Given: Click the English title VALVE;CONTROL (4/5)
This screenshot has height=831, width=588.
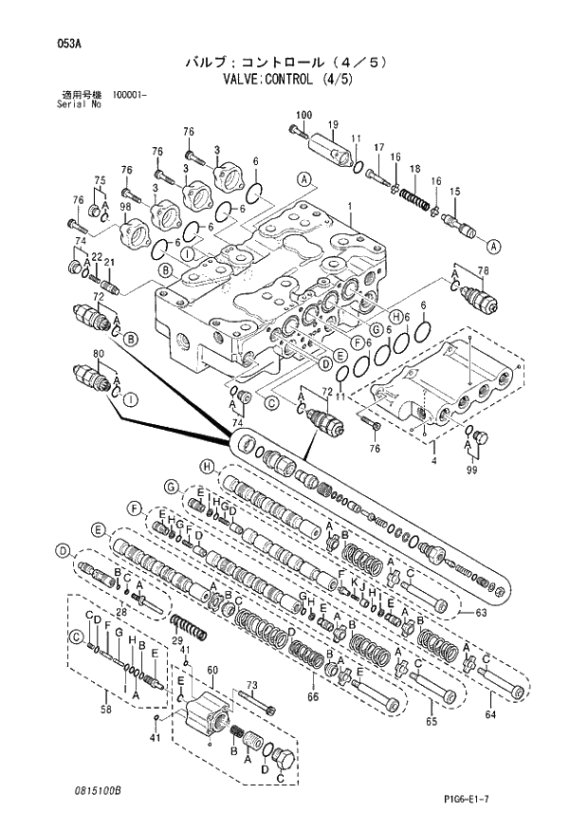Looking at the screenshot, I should click(293, 79).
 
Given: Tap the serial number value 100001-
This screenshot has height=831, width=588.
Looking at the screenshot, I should click(131, 95).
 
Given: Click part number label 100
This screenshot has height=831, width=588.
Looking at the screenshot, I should click(303, 115).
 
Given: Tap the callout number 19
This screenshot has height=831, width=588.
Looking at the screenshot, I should click(333, 125).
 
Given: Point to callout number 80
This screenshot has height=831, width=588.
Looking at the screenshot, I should click(97, 355).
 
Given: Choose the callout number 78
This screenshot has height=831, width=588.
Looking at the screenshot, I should click(483, 271).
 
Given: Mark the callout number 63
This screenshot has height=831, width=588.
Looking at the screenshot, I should click(482, 613).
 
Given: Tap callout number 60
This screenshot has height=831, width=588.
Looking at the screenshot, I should click(212, 670).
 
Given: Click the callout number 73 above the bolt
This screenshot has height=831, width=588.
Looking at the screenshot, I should click(252, 685).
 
